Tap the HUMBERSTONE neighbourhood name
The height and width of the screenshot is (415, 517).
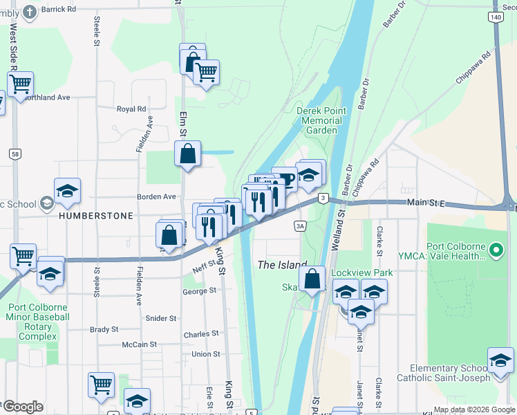pos(95,216)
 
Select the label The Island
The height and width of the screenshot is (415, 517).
pos(282,265)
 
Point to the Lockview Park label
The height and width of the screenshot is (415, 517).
pos(361,273)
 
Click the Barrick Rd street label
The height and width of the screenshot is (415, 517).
pos(59,9)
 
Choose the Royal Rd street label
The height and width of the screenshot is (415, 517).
pos(131,109)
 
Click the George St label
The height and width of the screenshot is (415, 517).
pos(199,292)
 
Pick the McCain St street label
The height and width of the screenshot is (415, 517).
pos(140,344)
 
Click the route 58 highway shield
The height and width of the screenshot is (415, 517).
pos(15,154)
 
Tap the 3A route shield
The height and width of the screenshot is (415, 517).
pos(299,225)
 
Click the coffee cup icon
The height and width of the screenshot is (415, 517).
pos(285,180)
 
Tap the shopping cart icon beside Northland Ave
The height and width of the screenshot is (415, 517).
pos(21,84)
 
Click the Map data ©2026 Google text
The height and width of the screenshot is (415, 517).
pos(474,409)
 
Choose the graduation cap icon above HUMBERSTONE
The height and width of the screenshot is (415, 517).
pos(68,192)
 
